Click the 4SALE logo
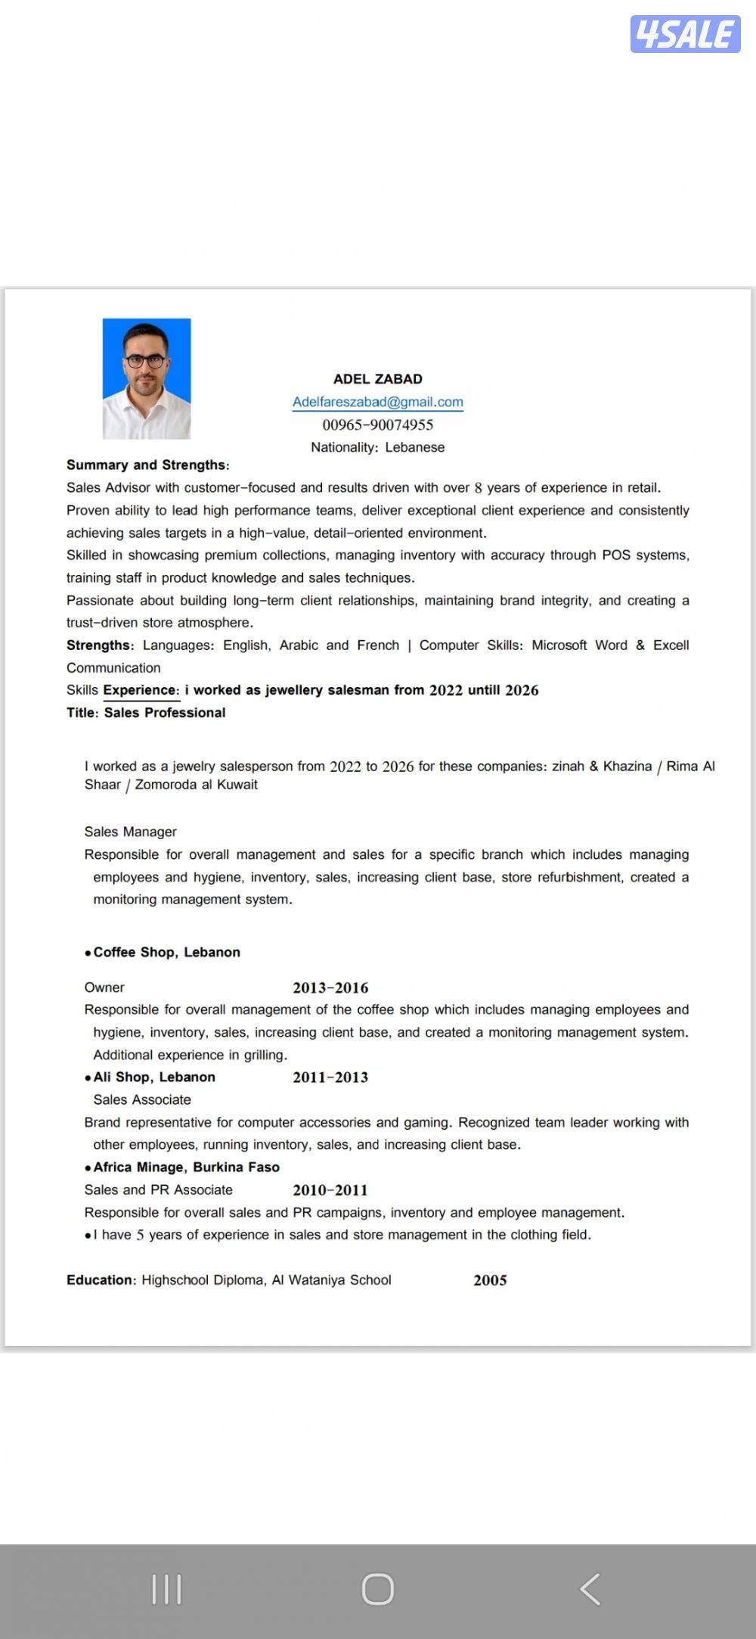tap(685, 34)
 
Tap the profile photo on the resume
tap(147, 378)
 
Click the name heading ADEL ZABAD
tap(378, 379)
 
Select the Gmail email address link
tap(378, 402)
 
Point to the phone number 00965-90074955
tap(378, 425)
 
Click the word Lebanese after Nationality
tap(415, 447)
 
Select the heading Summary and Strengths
tap(147, 465)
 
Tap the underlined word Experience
tap(141, 690)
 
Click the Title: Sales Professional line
tap(146, 713)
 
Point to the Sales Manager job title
tap(130, 832)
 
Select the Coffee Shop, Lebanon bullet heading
tap(166, 952)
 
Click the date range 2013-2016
tap(330, 987)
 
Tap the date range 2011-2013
tap(330, 1078)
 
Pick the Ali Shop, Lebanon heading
tap(154, 1077)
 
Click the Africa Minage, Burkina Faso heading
tap(186, 1167)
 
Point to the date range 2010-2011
tap(330, 1190)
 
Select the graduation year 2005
tap(490, 1280)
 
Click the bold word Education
tap(101, 1280)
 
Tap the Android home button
tap(378, 1589)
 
